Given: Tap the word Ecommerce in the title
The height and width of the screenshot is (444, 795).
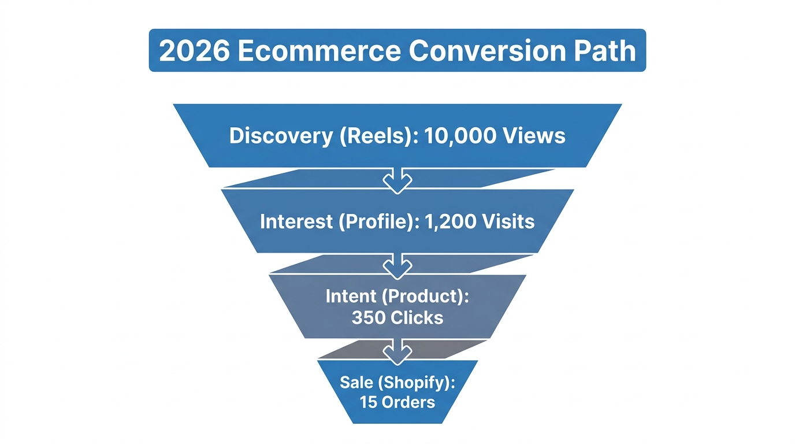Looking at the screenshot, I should tap(318, 51).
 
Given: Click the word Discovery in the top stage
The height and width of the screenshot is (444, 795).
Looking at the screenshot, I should tap(280, 136).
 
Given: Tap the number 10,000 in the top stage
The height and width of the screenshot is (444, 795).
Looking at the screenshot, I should tap(459, 136).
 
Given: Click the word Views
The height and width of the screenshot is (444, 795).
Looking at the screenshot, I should tap(533, 136).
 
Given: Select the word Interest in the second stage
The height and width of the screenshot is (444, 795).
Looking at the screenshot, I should tap(296, 221).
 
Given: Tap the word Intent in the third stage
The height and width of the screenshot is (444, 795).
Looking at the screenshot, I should tap(351, 297).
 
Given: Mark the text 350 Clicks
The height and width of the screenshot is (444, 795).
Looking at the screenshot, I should tap(397, 317).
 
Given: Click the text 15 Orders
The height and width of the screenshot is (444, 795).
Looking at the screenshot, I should tap(397, 402).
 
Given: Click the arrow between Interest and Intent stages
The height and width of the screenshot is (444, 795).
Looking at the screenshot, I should tap(397, 265).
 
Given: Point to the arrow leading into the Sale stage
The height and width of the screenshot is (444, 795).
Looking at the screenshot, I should tap(397, 351).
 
